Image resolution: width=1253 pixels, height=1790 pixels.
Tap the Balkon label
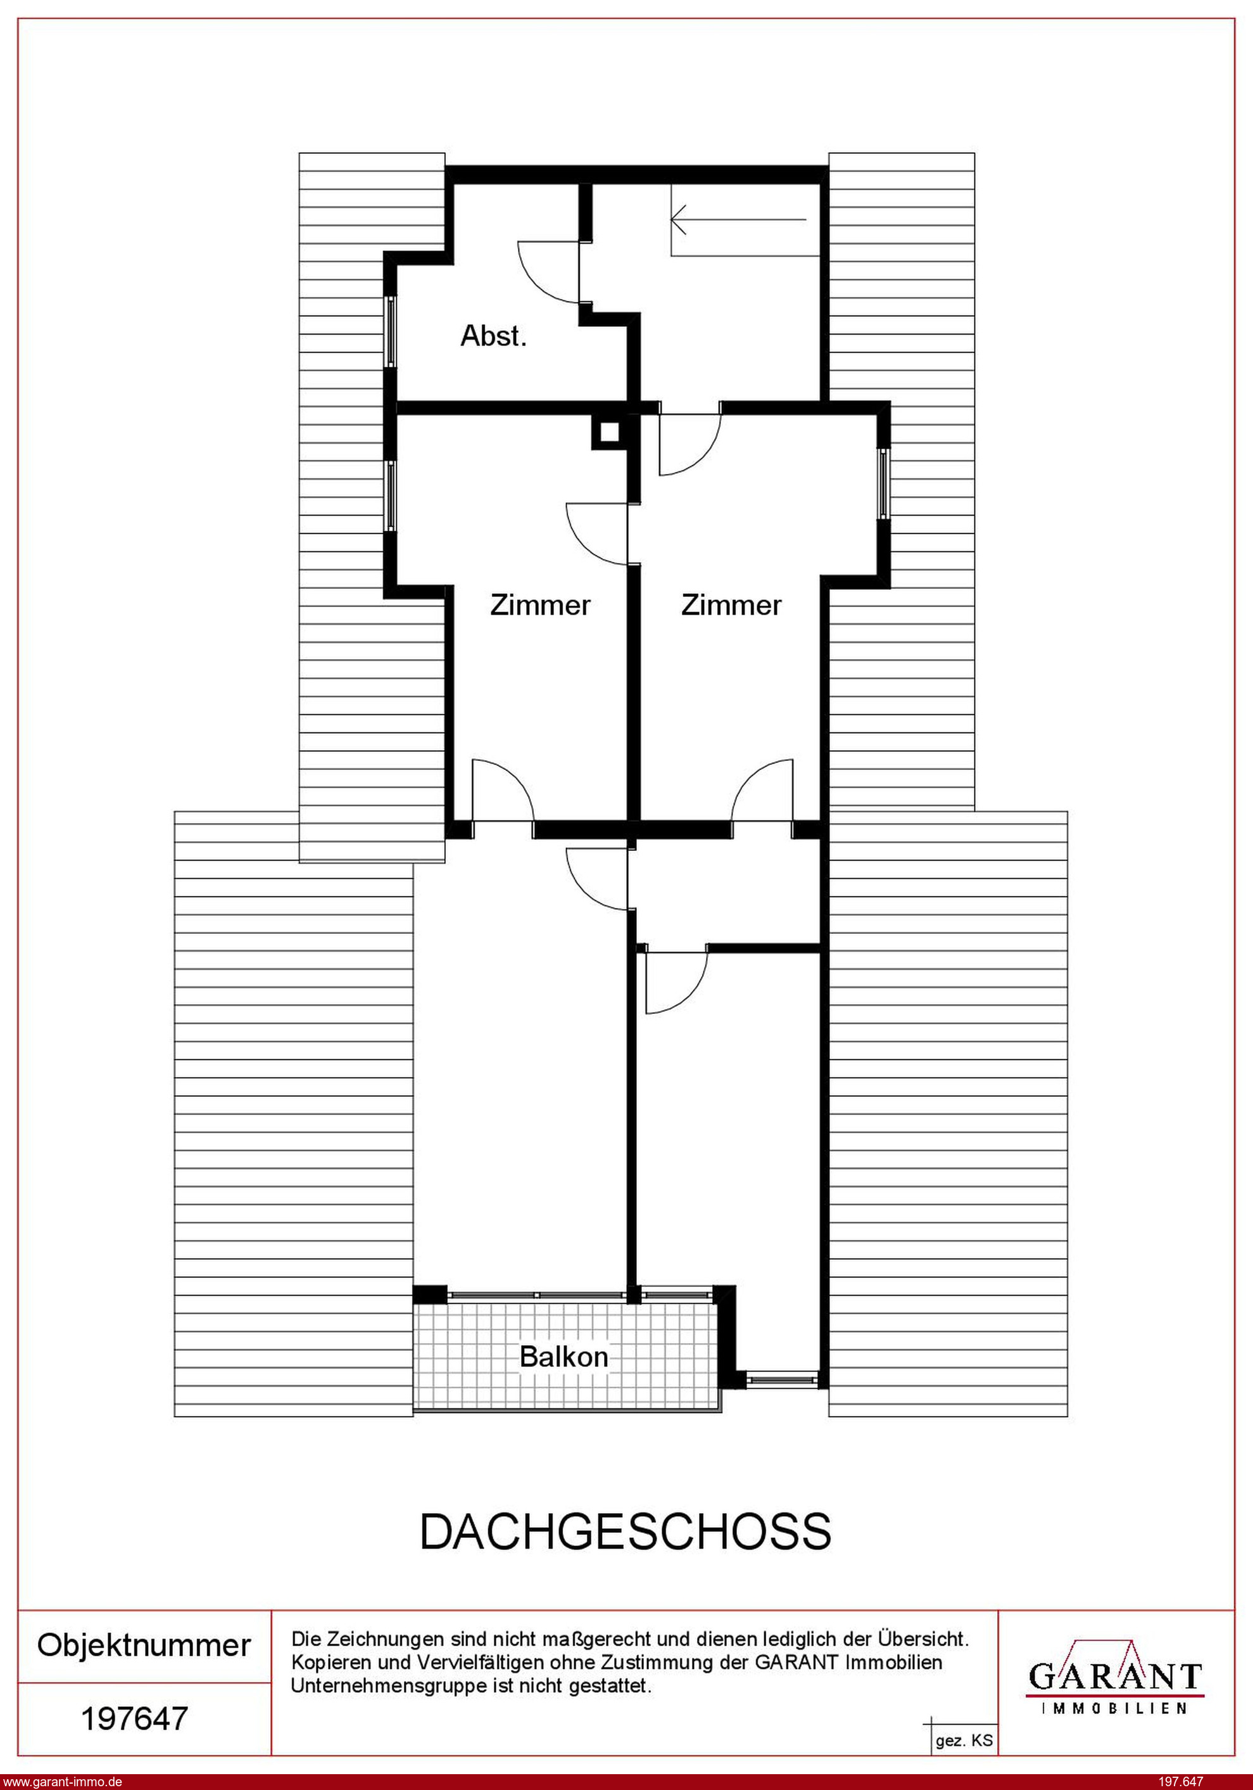tap(564, 1357)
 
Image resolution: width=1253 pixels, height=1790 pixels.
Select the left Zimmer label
tap(540, 605)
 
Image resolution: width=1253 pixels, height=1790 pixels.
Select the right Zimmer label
tap(731, 605)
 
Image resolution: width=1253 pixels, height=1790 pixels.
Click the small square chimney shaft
tap(608, 431)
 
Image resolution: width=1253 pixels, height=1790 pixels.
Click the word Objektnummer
tap(144, 1645)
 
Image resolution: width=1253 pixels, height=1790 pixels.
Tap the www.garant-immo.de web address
tap(62, 1781)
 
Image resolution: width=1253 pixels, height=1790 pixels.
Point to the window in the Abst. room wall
tap(391, 331)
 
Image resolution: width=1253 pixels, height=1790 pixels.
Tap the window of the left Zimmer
tap(391, 496)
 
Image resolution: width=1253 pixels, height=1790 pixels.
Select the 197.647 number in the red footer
tap(1181, 1781)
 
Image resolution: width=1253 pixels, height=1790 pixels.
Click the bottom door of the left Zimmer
tap(503, 789)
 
